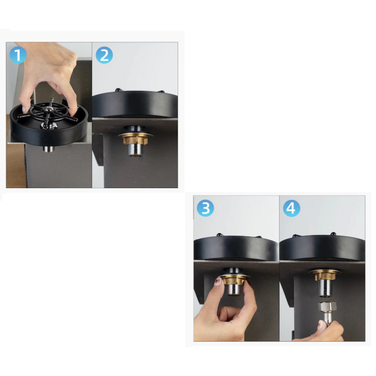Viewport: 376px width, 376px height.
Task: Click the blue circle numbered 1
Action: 18,55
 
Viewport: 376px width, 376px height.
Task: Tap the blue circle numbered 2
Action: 104,55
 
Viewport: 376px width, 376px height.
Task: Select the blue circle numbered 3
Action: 206,208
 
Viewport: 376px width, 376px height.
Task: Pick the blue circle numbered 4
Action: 292,208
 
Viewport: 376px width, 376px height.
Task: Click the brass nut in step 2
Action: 136,140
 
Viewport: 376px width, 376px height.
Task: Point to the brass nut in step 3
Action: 233,280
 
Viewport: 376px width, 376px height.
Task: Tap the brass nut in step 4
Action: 325,275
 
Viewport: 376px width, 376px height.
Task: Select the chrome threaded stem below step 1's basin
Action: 49,148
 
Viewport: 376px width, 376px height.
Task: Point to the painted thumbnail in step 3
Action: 218,281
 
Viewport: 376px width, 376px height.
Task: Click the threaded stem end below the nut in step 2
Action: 135,150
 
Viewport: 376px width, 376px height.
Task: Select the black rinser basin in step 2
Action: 135,104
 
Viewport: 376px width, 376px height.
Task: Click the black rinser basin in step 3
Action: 236,248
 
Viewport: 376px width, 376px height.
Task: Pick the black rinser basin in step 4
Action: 322,248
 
